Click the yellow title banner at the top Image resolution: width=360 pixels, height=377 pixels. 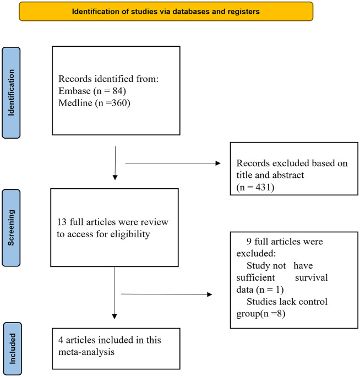pyautogui.click(x=166, y=12)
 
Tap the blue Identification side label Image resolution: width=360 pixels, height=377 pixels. pyautogui.click(x=11, y=92)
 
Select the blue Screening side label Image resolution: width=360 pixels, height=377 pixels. pyautogui.click(x=11, y=228)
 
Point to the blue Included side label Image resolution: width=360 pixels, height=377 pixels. pyautogui.click(x=13, y=348)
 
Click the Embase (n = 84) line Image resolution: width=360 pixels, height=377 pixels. pyautogui.click(x=92, y=91)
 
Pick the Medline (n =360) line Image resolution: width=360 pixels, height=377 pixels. pyautogui.click(x=94, y=103)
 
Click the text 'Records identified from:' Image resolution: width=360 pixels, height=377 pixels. pyautogui.click(x=108, y=79)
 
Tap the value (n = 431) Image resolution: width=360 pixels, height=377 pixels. pyautogui.click(x=255, y=187)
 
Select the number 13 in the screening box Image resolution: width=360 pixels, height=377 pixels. pyautogui.click(x=62, y=222)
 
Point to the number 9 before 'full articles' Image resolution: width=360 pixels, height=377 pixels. pyautogui.click(x=249, y=242)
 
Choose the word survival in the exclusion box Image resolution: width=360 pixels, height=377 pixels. pyautogui.click(x=312, y=277)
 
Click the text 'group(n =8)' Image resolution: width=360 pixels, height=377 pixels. pyautogui.click(x=261, y=314)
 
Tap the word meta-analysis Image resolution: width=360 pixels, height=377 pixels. pyautogui.click(x=86, y=352)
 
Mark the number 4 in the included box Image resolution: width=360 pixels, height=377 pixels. pyautogui.click(x=61, y=340)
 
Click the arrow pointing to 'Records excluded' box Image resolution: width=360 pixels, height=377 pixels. pyautogui.click(x=173, y=163)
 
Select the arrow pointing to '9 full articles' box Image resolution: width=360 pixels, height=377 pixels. pyautogui.click(x=166, y=294)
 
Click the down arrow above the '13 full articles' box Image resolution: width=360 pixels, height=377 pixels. pyautogui.click(x=115, y=163)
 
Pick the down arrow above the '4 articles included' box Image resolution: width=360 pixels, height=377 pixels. pyautogui.click(x=114, y=293)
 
